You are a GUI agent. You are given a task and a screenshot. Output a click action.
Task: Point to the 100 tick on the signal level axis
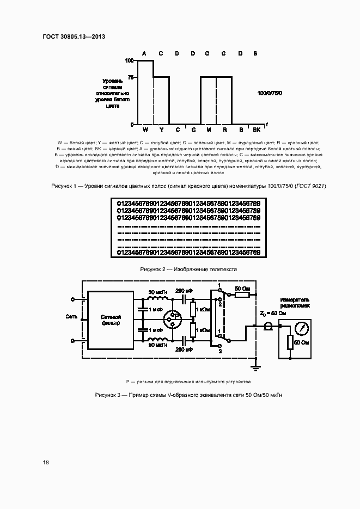(130, 60)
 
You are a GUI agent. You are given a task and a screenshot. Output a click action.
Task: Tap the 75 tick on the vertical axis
(131, 77)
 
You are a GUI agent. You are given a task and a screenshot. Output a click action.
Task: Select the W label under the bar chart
(145, 130)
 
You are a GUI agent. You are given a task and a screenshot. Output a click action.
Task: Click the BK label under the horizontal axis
(257, 130)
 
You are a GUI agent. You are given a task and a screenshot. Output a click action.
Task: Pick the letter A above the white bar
(144, 53)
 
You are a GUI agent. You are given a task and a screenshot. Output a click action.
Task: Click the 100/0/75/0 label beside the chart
(270, 94)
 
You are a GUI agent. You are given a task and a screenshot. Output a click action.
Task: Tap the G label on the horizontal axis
(193, 130)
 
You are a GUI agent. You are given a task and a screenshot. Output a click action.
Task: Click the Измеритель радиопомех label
(295, 303)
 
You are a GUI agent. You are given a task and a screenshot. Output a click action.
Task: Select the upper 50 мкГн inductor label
(158, 291)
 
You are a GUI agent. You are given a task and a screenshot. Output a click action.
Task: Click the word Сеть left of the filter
(71, 316)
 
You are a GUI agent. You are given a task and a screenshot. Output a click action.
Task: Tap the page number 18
(46, 462)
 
